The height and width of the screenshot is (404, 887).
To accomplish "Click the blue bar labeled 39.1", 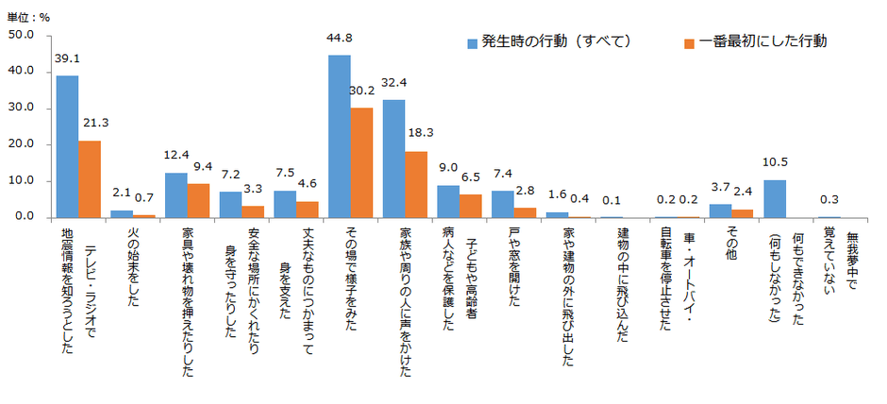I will tap(67, 146).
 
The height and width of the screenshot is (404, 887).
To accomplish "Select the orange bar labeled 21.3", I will tap(90, 178).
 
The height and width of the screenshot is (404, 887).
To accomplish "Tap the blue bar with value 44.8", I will tap(339, 136).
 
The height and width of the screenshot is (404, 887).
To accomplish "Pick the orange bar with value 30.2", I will tap(361, 162).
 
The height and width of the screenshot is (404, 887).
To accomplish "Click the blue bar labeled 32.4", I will tap(393, 159).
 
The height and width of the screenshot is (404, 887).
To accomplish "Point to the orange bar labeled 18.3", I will tap(416, 184).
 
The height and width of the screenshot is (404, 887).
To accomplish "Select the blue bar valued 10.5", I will tap(774, 198).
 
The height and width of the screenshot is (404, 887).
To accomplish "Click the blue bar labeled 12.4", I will tap(176, 194).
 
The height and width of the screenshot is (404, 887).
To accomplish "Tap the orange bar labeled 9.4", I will tap(198, 200).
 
